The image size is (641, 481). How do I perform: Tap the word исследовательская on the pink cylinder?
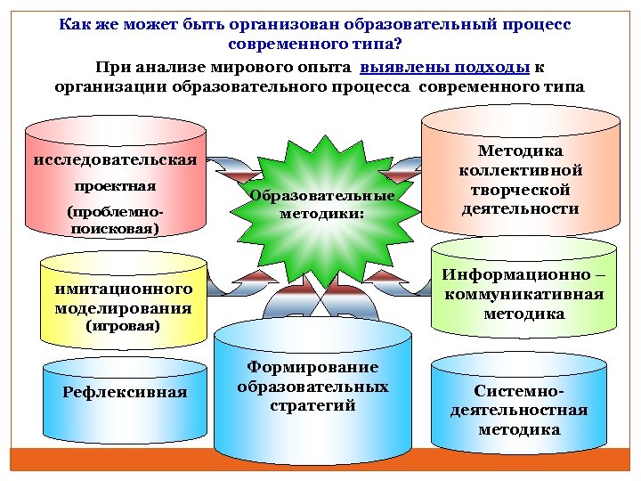pyautogui.click(x=115, y=161)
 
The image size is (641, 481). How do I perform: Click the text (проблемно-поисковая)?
pyautogui.click(x=115, y=222)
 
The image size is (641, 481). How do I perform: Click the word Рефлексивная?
pyautogui.click(x=125, y=392)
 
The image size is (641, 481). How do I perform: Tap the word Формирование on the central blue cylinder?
pyautogui.click(x=312, y=368)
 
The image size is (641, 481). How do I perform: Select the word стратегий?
pyautogui.click(x=312, y=405)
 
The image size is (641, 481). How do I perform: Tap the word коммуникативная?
pyautogui.click(x=524, y=294)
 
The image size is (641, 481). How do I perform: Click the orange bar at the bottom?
pyautogui.click(x=320, y=460)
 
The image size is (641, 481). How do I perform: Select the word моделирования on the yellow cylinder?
pyautogui.click(x=123, y=308)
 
